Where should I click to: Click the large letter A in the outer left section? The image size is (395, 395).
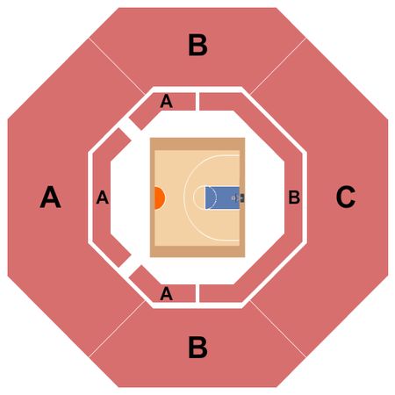pyautogui.click(x=50, y=197)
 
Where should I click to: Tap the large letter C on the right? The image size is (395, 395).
pyautogui.click(x=346, y=197)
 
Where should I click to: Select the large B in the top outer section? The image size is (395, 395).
pyautogui.click(x=197, y=45)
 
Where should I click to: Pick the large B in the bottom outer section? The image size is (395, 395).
pyautogui.click(x=197, y=348)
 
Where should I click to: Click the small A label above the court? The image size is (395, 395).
pyautogui.click(x=167, y=102)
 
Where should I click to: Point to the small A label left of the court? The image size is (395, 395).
pyautogui.click(x=103, y=197)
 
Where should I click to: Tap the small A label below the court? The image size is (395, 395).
pyautogui.click(x=167, y=293)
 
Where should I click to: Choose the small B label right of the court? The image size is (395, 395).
pyautogui.click(x=294, y=197)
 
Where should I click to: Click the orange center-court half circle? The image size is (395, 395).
pyautogui.click(x=160, y=198)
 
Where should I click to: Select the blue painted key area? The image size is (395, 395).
pyautogui.click(x=222, y=197)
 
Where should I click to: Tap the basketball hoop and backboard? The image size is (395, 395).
pyautogui.click(x=239, y=198)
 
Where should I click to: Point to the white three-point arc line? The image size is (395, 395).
pyautogui.click(x=184, y=198)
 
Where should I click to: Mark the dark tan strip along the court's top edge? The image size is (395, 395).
pyautogui.click(x=197, y=144)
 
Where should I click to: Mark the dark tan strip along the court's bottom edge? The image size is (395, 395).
pyautogui.click(x=197, y=252)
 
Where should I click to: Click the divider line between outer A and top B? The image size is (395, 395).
pyautogui.click(x=117, y=66)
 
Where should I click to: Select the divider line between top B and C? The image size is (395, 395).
pyautogui.click(x=278, y=66)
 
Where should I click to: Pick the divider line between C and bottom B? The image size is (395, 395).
pyautogui.click(x=278, y=329)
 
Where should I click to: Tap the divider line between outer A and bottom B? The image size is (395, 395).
pyautogui.click(x=117, y=329)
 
